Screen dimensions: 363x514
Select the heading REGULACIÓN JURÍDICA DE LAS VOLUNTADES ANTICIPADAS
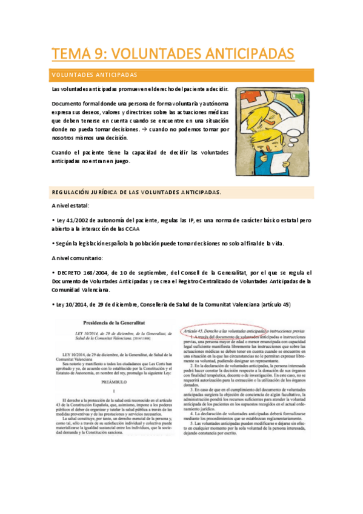point(136,193)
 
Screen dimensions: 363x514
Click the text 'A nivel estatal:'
point(70,206)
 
